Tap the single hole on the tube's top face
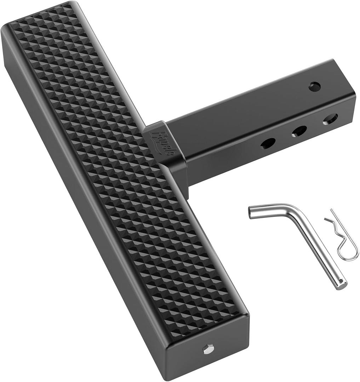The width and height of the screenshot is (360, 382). tap(314, 86)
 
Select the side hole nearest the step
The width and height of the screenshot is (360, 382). tap(268, 143)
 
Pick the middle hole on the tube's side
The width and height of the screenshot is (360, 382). tap(299, 131)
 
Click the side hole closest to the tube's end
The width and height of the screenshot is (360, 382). tap(330, 119)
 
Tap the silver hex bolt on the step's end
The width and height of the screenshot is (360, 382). tap(208, 349)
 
